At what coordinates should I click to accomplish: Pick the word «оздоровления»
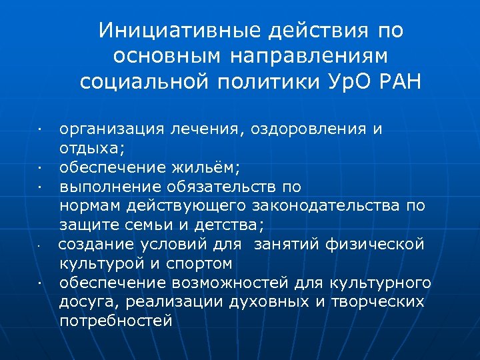pos(309,129)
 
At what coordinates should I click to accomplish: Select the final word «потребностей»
pos(116,321)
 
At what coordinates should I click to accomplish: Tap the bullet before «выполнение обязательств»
pos(41,187)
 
